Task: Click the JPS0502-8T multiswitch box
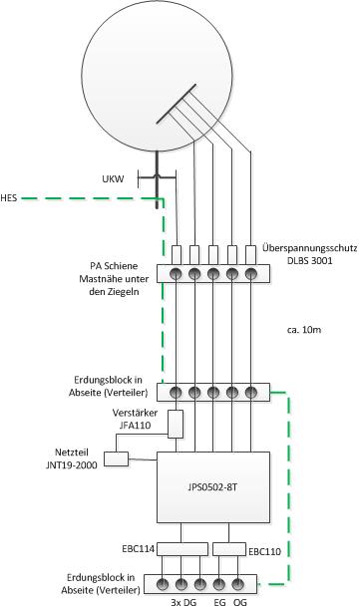tap(213, 487)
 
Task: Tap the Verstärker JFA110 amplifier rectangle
tap(176, 424)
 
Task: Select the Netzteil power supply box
tap(117, 458)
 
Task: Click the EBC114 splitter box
tap(181, 549)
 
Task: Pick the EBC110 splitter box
tap(229, 549)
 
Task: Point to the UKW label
tap(113, 179)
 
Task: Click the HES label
tap(9, 198)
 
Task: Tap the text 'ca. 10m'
tap(302, 330)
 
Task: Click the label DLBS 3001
tap(310, 260)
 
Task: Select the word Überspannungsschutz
tap(309, 248)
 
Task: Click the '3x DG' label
tap(183, 602)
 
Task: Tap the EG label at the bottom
tap(219, 602)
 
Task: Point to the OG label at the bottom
tap(240, 602)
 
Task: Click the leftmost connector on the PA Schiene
tap(176, 274)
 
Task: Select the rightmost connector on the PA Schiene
tap(250, 274)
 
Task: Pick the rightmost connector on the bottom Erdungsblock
tap(237, 584)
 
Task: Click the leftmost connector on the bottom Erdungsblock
tap(163, 584)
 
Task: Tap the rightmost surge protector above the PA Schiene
tap(251, 255)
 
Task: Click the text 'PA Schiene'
tap(114, 266)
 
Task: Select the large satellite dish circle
tap(157, 77)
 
